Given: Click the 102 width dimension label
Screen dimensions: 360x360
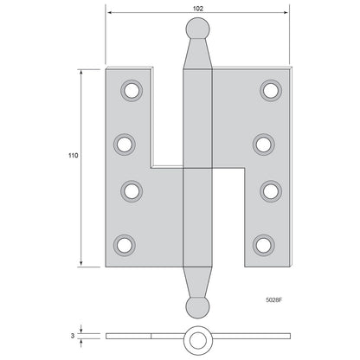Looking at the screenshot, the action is [x=197, y=9].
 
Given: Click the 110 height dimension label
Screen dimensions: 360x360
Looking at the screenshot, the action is [x=74, y=156].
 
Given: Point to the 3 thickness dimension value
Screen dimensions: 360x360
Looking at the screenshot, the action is [x=73, y=336].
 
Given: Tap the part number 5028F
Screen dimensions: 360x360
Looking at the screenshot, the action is [x=273, y=300].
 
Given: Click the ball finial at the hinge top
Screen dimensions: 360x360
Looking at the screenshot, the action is [x=197, y=29].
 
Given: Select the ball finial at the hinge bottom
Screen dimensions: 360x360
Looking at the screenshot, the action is [x=197, y=307].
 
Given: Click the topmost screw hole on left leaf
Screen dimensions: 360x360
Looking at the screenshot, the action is [x=132, y=91].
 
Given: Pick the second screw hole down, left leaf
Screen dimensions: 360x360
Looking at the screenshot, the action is [x=125, y=145].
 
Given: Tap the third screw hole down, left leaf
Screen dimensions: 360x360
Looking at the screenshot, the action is [x=132, y=191].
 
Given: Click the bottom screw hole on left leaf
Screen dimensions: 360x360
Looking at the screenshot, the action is [x=125, y=245].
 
